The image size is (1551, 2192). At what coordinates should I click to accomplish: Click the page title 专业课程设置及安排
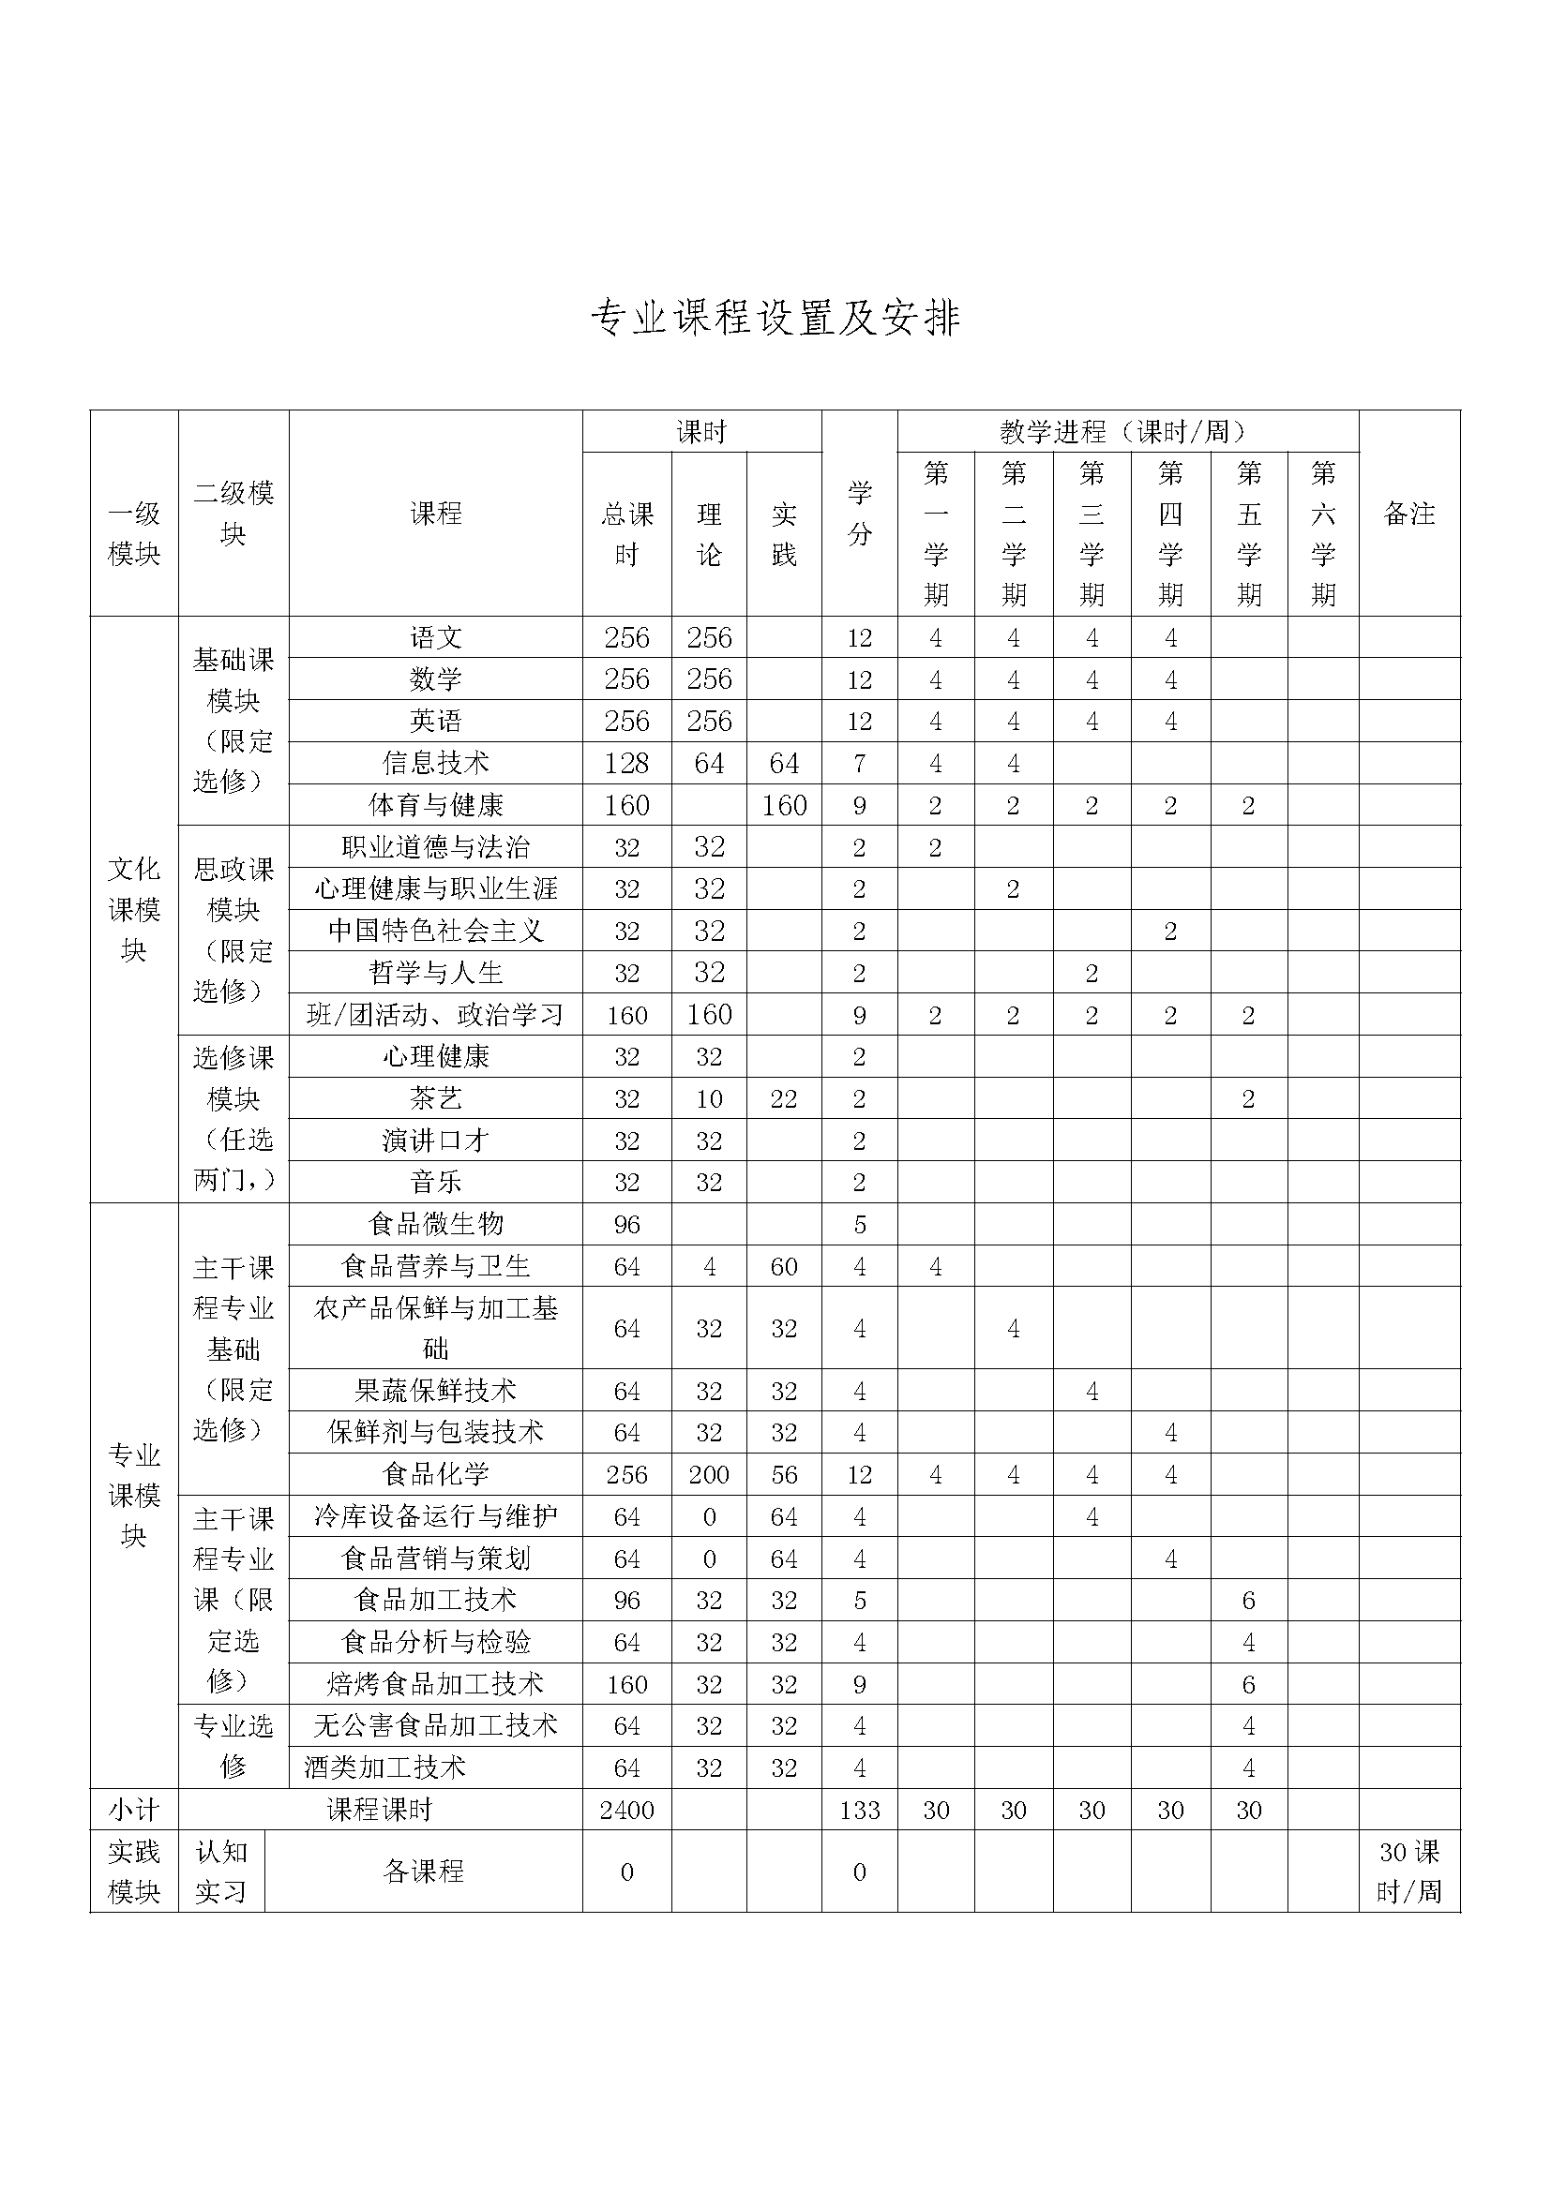tap(775, 318)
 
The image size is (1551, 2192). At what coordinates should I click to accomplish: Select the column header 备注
tap(1408, 514)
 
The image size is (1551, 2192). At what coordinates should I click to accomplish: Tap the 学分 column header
tap(859, 514)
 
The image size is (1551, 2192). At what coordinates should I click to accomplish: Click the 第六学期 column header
tap(1323, 533)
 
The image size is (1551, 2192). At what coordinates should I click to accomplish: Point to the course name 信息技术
tap(435, 763)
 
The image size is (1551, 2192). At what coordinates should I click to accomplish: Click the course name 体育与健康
tap(435, 805)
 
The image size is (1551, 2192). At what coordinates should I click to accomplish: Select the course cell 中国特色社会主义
tap(435, 930)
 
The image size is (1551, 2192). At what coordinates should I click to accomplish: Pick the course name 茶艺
tap(435, 1098)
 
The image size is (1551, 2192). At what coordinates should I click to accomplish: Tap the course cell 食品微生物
tap(435, 1223)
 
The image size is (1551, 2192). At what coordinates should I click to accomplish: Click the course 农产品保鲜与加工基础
tap(435, 1327)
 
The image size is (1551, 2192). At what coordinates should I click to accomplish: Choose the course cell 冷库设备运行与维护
tap(435, 1516)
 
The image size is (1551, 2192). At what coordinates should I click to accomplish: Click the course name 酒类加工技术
tap(384, 1767)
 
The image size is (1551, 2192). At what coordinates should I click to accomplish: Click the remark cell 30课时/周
tap(1408, 1871)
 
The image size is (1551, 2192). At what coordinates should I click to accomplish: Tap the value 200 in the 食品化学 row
tap(709, 1474)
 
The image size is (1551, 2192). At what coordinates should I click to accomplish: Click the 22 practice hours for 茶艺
tap(783, 1098)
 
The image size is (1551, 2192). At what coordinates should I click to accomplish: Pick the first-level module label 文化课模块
tap(134, 909)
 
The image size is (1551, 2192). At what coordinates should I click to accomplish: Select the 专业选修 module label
tap(233, 1746)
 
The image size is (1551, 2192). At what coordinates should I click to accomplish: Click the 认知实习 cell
tap(220, 1871)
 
